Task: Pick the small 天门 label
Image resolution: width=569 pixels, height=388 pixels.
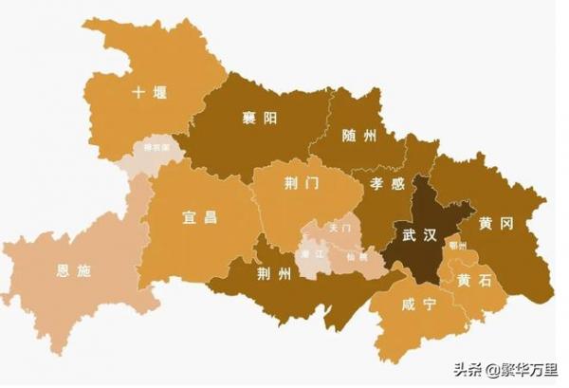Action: point(340,229)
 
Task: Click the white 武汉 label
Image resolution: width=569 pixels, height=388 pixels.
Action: point(418,233)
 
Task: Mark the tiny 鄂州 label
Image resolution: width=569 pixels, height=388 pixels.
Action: point(458,245)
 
